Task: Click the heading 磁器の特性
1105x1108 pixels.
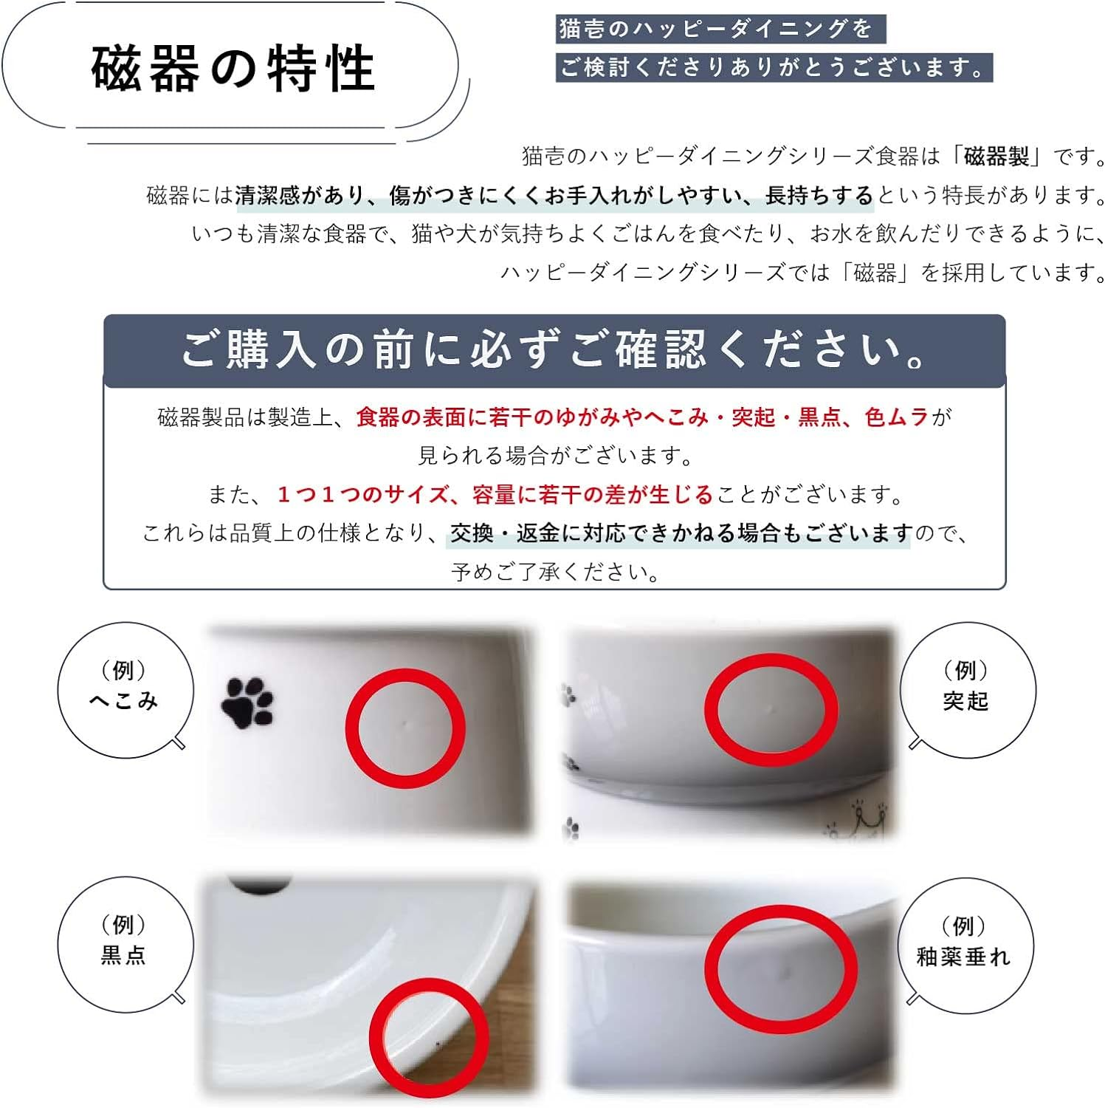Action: pyautogui.click(x=233, y=68)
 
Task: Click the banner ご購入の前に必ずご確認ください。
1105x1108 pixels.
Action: pyautogui.click(x=554, y=350)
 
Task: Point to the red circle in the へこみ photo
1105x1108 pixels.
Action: pyautogui.click(x=405, y=728)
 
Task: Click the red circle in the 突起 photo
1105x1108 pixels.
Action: pyautogui.click(x=771, y=709)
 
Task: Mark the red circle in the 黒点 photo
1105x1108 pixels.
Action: pyautogui.click(x=429, y=1038)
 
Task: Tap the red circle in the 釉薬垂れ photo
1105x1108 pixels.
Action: pyautogui.click(x=780, y=968)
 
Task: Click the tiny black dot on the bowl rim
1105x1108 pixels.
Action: pyautogui.click(x=438, y=1044)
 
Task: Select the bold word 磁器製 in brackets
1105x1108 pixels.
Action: pyautogui.click(x=996, y=157)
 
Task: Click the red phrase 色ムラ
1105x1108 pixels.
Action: pyautogui.click(x=896, y=417)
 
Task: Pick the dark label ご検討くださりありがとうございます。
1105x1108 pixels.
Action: pyautogui.click(x=773, y=68)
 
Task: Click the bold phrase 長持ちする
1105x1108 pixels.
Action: pyautogui.click(x=819, y=196)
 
